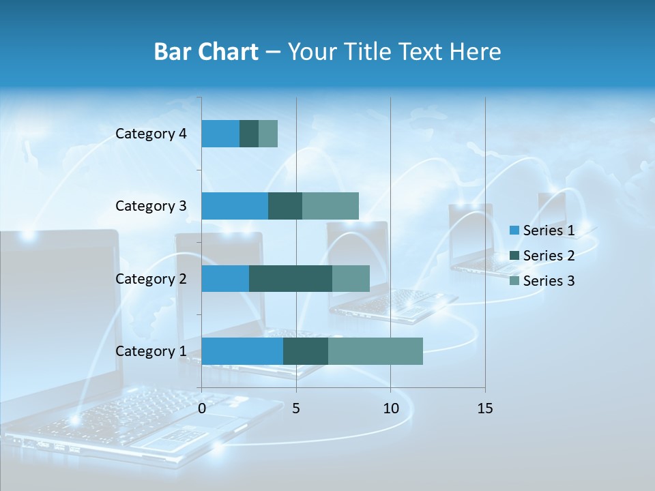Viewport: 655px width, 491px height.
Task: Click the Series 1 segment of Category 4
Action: click(220, 134)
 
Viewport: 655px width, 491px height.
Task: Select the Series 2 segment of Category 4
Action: click(249, 134)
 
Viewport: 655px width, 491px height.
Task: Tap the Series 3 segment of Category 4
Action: click(268, 134)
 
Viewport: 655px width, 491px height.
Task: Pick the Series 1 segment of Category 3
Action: click(235, 206)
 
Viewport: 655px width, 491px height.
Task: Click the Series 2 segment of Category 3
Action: click(285, 206)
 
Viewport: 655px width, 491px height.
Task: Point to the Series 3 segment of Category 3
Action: click(330, 206)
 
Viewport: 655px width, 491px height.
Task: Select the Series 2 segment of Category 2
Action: click(291, 278)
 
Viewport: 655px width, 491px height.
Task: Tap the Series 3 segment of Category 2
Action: click(351, 278)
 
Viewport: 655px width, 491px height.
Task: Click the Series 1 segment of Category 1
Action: click(242, 351)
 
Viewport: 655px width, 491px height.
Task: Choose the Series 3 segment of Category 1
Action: click(375, 351)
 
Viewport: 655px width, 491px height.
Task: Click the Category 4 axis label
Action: click(151, 134)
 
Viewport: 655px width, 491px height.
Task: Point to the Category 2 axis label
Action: click(151, 278)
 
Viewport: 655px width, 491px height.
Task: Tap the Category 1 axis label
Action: click(151, 351)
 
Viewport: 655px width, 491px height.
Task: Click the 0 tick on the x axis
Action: click(202, 408)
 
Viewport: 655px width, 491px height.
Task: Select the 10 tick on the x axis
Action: click(390, 408)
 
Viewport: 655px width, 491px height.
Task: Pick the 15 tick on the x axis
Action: click(485, 408)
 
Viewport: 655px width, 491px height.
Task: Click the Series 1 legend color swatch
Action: click(514, 230)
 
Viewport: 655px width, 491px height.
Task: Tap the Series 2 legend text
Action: click(549, 256)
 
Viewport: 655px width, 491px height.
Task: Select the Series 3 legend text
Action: click(549, 281)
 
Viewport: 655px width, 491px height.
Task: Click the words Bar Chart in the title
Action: click(205, 52)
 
